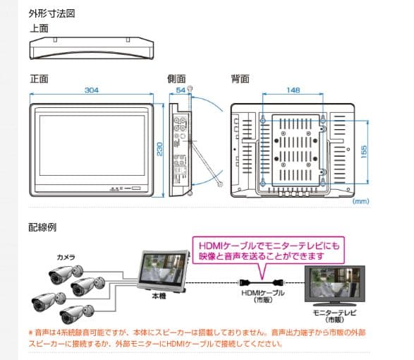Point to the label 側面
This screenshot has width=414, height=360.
click(x=176, y=78)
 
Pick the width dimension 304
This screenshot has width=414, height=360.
click(x=92, y=90)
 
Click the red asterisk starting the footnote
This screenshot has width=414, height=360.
click(x=30, y=331)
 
